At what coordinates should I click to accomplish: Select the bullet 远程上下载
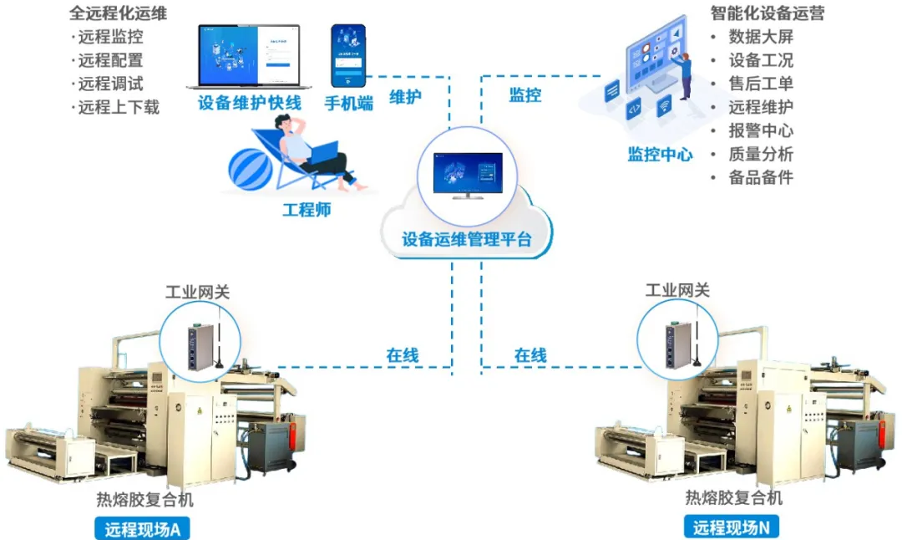pyautogui.click(x=118, y=107)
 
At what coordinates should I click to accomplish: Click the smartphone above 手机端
pyautogui.click(x=348, y=55)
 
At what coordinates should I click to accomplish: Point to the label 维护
pyautogui.click(x=406, y=96)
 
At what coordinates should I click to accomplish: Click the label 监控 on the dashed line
pyautogui.click(x=525, y=94)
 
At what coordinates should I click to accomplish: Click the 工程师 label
pyautogui.click(x=307, y=209)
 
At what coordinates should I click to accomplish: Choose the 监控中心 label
pyautogui.click(x=660, y=154)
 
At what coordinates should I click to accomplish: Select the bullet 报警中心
pyautogui.click(x=761, y=130)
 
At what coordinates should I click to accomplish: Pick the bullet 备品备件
pyautogui.click(x=761, y=177)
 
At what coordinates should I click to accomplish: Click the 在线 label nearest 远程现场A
pyautogui.click(x=402, y=354)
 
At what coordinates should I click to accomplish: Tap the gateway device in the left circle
pyautogui.click(x=200, y=344)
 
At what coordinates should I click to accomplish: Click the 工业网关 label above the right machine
pyautogui.click(x=677, y=290)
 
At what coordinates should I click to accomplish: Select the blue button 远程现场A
pyautogui.click(x=142, y=528)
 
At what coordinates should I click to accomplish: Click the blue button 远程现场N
pyautogui.click(x=731, y=527)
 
